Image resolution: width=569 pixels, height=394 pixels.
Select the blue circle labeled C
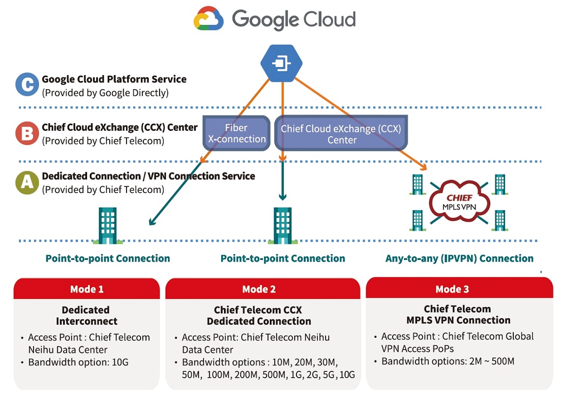[x=27, y=85]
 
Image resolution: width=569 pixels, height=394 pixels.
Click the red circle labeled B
[x=27, y=134]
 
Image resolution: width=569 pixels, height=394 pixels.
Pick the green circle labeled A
[x=27, y=183]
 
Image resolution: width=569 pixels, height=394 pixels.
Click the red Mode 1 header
[x=87, y=289]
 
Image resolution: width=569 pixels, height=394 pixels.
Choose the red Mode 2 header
[x=259, y=289]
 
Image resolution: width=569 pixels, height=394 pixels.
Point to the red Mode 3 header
[x=452, y=289]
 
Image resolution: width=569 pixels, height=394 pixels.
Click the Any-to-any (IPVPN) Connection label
[x=459, y=258]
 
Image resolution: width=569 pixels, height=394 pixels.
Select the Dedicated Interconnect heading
[x=86, y=316]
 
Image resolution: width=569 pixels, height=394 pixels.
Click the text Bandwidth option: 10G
[x=71, y=362]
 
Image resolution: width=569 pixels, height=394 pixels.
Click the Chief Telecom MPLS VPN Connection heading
[x=458, y=315]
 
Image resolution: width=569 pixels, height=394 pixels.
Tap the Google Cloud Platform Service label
[x=114, y=79]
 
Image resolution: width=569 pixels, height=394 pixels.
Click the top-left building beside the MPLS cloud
[x=417, y=184]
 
